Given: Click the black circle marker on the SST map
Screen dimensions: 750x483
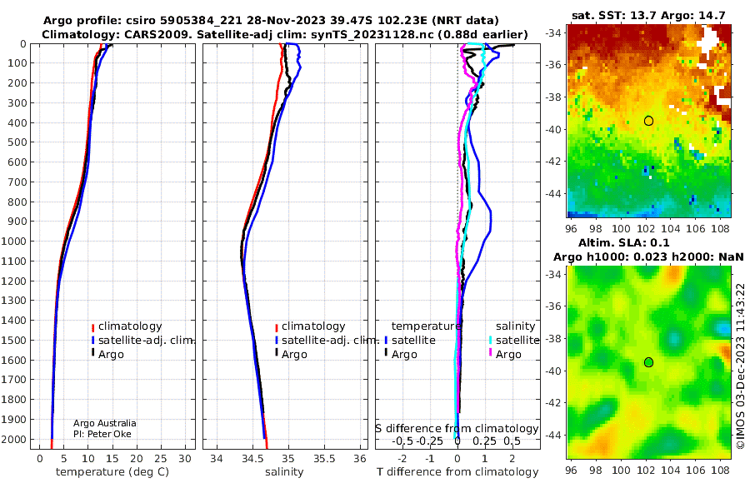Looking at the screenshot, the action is (x=648, y=121).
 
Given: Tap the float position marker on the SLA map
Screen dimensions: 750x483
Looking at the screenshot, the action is (x=648, y=362).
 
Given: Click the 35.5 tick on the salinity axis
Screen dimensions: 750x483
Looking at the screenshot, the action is (x=324, y=459).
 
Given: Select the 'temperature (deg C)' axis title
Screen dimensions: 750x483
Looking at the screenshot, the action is (x=112, y=472).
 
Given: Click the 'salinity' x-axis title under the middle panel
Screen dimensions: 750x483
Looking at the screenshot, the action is (x=284, y=472).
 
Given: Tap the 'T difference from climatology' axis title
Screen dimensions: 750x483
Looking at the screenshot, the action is (x=457, y=472).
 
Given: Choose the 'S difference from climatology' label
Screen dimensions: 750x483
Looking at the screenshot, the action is (x=457, y=429).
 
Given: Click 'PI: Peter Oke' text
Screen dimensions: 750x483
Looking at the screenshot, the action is (x=102, y=434).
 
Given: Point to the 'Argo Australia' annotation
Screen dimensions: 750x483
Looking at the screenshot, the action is (x=104, y=423).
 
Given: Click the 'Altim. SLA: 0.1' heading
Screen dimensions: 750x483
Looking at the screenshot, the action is (x=623, y=243).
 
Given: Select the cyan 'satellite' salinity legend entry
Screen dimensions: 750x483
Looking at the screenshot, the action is (x=513, y=341).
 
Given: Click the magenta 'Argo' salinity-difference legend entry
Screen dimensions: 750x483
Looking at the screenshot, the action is (x=505, y=355).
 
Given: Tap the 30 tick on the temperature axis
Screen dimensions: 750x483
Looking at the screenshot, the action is (x=185, y=459).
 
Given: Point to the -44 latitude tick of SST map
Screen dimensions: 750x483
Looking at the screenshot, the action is (x=554, y=194).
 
